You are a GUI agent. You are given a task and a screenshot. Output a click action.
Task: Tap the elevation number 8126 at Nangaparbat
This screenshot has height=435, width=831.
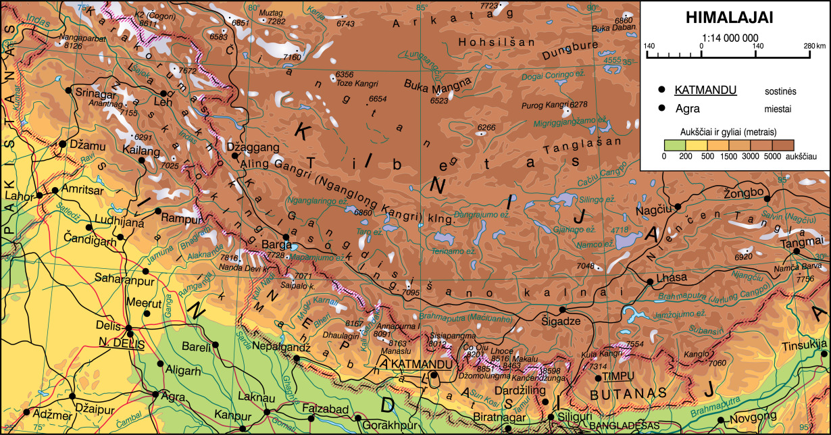pyautogui.click(x=72, y=46)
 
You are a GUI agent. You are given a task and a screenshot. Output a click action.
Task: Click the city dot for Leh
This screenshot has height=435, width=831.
pyautogui.click(x=163, y=93)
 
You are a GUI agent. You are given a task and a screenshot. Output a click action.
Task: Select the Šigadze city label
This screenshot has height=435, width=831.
pyautogui.click(x=561, y=321)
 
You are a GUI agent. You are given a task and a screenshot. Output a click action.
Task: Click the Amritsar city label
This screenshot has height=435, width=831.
pyautogui.click(x=82, y=191)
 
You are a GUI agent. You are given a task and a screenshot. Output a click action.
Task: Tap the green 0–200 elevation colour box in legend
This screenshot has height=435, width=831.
pyautogui.click(x=674, y=145)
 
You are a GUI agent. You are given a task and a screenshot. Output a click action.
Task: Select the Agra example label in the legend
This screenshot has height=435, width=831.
pyautogui.click(x=687, y=108)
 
